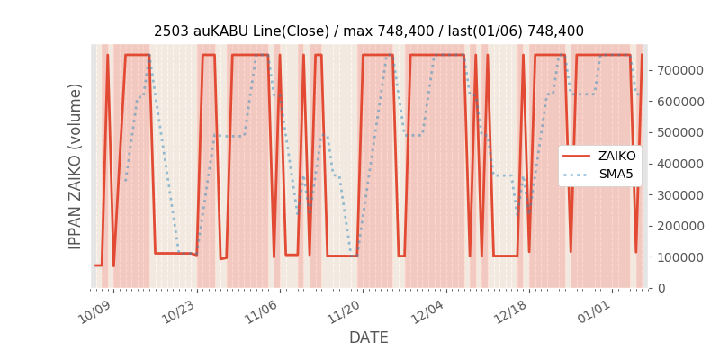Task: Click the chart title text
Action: click(369, 31)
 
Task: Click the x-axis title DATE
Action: click(369, 337)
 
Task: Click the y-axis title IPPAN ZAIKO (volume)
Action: click(76, 166)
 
